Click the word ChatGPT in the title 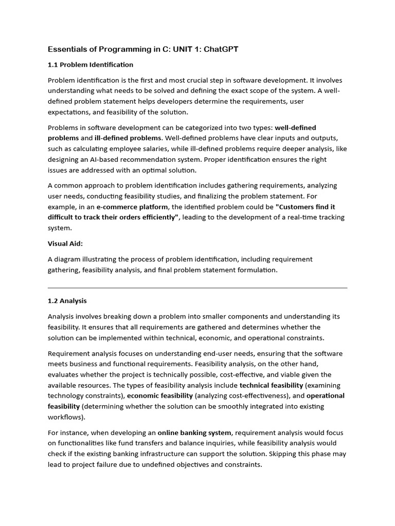pyautogui.click(x=221, y=49)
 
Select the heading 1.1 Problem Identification pyautogui.click(x=91, y=65)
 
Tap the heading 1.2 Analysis pyautogui.click(x=67, y=301)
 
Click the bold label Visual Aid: pyautogui.click(x=65, y=243)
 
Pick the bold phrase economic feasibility pyautogui.click(x=160, y=396)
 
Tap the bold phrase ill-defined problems pyautogui.click(x=128, y=138)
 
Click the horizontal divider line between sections pyautogui.click(x=197, y=288)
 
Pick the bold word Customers pyautogui.click(x=295, y=206)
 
